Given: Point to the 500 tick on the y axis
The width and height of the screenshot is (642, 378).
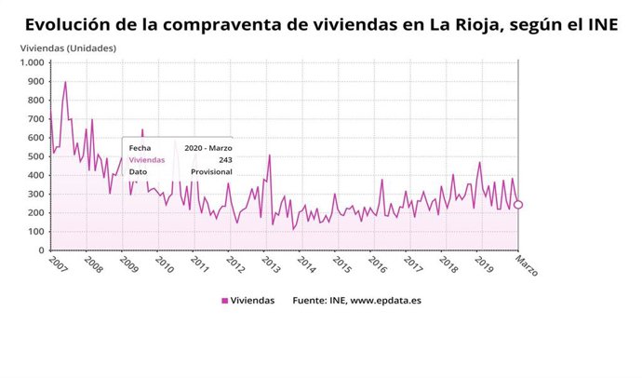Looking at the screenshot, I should coord(34,156).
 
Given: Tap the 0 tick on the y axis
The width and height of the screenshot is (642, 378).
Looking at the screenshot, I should coord(40,250).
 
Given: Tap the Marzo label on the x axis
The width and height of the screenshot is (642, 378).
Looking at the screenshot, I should coord(526,265).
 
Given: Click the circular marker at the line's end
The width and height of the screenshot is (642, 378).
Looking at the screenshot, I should coord(518,205).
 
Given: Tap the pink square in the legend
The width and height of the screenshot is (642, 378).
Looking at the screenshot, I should coord(224,300).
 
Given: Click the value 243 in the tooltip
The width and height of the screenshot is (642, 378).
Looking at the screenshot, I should coord(225,160).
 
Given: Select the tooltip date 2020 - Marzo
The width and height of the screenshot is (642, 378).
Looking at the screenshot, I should coord(207,148).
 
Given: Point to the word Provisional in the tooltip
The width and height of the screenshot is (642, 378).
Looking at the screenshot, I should coord(211,172).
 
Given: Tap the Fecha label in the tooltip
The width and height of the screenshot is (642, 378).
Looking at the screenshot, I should coord(140,148).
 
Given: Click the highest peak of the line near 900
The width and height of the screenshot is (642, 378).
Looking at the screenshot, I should coord(65,82).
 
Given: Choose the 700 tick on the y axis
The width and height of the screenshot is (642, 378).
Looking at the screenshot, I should coord(34,119).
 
